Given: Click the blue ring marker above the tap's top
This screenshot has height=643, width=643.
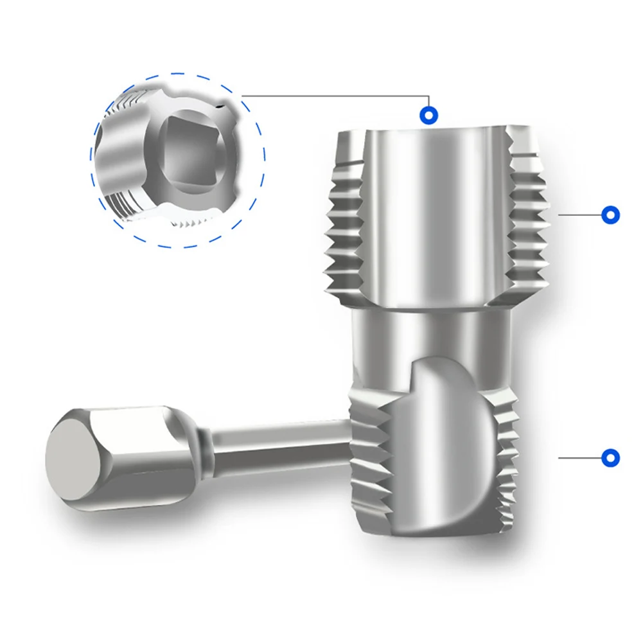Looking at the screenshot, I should tap(429, 116).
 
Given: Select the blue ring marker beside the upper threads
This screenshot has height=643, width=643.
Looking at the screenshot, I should tap(610, 215).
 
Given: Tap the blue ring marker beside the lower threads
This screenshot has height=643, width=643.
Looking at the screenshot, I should tap(610, 457).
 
